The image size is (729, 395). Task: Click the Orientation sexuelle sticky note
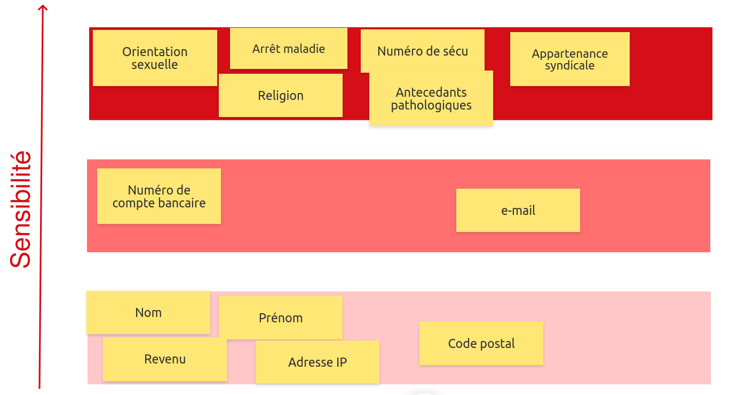coord(155,58)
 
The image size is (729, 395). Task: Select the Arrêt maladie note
coord(288,49)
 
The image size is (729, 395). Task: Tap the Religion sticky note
coord(280,96)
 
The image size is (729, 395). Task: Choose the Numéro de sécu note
coord(422,51)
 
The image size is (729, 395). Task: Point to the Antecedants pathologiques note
coord(431,99)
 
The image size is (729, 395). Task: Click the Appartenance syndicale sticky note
coord(569,59)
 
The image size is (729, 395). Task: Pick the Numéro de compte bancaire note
coord(159,196)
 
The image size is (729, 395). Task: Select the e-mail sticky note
coord(518,210)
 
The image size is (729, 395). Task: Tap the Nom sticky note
coord(148,313)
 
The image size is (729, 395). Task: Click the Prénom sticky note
coord(280,317)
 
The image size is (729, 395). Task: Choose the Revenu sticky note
coord(165,359)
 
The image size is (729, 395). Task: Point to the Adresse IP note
coord(317,362)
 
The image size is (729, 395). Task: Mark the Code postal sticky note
coord(481,344)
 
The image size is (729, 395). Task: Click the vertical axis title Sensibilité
coord(21,209)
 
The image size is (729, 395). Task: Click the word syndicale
coord(569,66)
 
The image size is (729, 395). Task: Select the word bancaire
coord(182,203)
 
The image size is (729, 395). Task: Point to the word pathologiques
coord(431,105)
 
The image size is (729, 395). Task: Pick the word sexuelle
coord(155,65)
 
